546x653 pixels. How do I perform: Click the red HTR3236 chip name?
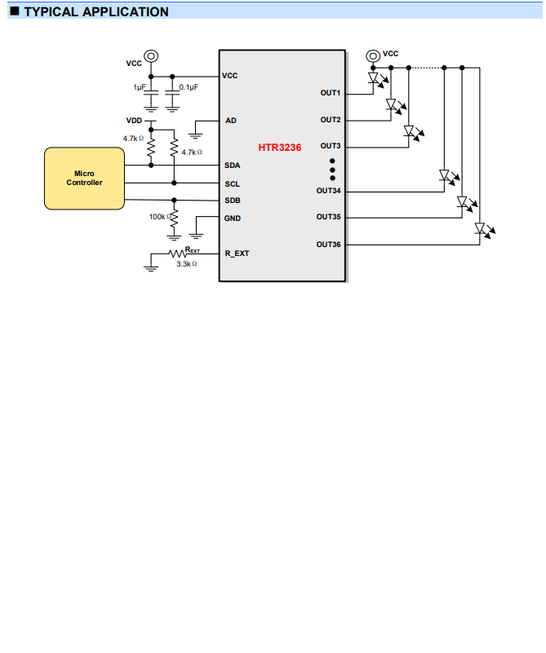pos(280,148)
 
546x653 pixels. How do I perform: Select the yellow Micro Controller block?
pos(84,178)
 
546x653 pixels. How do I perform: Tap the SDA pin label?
pos(232,165)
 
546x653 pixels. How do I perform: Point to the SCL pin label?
pos(232,184)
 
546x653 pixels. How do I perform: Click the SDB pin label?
pos(232,201)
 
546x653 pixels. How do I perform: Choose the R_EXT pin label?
pos(237,254)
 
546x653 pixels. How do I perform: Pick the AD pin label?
pos(231,121)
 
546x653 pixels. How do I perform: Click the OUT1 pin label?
pos(330,93)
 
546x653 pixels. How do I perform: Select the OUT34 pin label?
pos(328,191)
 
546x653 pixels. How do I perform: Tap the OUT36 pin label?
pos(328,245)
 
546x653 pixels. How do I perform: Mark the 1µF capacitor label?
pos(140,86)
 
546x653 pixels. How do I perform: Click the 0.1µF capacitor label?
pos(188,86)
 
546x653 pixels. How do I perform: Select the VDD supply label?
pos(134,121)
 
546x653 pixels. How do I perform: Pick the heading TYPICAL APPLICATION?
pos(95,12)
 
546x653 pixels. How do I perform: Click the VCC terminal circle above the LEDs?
pos(373,55)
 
